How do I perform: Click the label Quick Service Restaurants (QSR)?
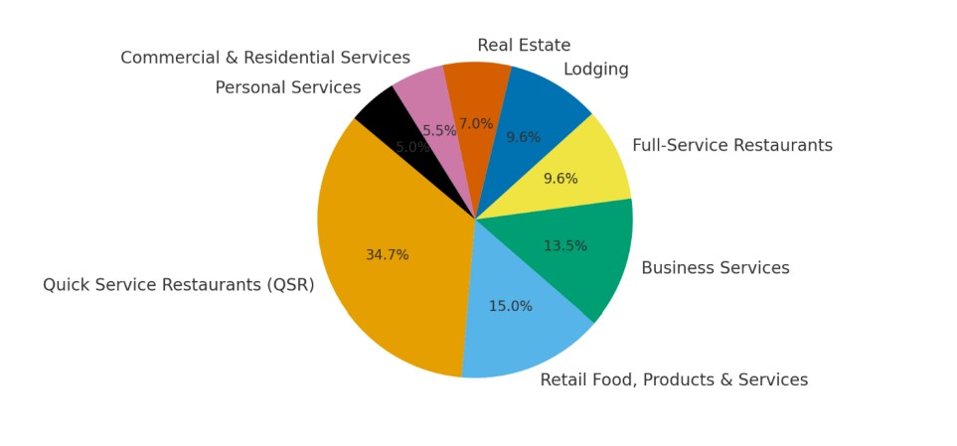coord(178,285)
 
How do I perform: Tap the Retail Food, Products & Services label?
coord(674,379)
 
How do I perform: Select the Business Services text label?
coord(715,268)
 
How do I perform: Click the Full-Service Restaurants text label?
coord(731,146)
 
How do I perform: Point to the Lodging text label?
coord(595,70)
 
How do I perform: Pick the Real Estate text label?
coord(524,46)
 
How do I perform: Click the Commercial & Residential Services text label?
coord(265,58)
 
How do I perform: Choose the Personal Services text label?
coord(288,87)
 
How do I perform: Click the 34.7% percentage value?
coord(387,255)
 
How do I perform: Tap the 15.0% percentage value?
coord(510,306)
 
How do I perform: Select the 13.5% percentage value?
coord(564,246)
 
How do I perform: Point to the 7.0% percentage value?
coord(476,124)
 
